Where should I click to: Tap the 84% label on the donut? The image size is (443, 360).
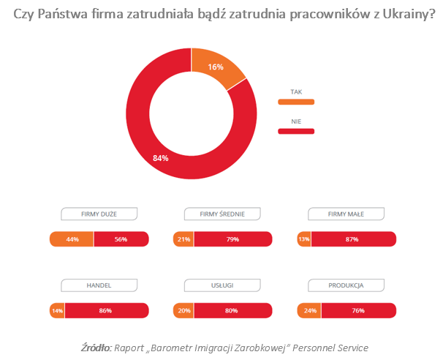(161, 158)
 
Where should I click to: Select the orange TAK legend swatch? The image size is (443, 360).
(296, 102)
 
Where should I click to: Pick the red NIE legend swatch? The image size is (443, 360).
(296, 131)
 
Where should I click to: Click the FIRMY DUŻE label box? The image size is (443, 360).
(99, 214)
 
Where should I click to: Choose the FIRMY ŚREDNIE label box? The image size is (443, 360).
(222, 214)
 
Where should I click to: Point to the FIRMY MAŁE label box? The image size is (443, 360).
(346, 214)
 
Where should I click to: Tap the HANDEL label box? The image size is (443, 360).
(99, 285)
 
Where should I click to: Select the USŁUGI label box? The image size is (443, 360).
(222, 285)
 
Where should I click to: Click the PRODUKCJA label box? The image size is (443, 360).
(346, 285)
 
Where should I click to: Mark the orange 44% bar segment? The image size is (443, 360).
(72, 239)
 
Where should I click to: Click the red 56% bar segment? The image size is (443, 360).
(121, 239)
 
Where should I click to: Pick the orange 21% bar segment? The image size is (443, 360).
(183, 239)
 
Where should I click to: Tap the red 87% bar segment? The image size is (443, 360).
(354, 239)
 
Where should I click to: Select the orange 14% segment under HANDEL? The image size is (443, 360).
(57, 310)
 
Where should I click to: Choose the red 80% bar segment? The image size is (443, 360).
(233, 310)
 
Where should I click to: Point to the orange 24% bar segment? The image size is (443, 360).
(309, 310)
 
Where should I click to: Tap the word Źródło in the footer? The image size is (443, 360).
(96, 348)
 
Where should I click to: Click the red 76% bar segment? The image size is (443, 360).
(359, 310)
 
